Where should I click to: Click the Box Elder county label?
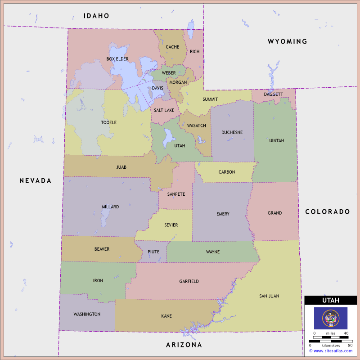click(117, 59)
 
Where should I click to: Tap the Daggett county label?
click(274, 94)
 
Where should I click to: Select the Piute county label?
click(153, 252)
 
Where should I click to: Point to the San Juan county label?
click(269, 296)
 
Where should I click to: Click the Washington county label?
click(87, 314)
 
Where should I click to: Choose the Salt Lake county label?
click(164, 110)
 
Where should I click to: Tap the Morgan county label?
click(178, 82)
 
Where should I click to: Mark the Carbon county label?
click(227, 172)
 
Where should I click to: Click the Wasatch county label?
click(197, 126)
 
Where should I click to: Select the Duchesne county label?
click(232, 132)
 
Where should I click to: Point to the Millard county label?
click(110, 207)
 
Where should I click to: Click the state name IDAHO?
click(96, 16)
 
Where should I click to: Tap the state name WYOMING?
click(287, 41)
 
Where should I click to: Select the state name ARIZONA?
click(184, 345)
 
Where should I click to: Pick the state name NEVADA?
click(35, 180)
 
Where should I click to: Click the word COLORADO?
click(327, 211)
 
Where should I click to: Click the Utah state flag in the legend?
click(330, 318)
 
